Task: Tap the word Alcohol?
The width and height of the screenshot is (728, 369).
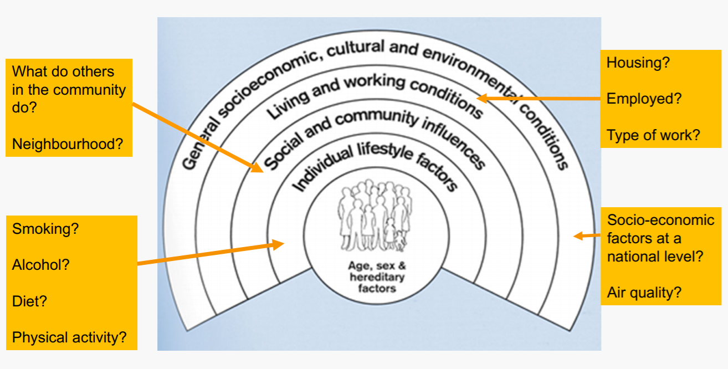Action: [41, 265]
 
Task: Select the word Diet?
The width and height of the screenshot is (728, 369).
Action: [29, 301]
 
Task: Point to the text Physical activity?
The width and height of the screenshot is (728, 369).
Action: [69, 337]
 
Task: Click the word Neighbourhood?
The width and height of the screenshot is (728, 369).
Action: [67, 144]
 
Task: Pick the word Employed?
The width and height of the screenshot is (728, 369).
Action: [644, 99]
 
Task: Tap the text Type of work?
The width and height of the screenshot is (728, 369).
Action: [653, 135]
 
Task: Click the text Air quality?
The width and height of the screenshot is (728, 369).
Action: [644, 293]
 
